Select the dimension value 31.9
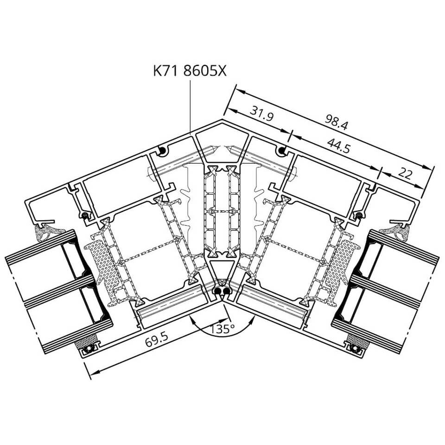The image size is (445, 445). pyautogui.click(x=261, y=113)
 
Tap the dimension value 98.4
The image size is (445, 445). pyautogui.click(x=336, y=122)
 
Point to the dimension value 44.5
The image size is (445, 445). pyautogui.click(x=338, y=145)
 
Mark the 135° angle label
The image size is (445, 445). pyautogui.click(x=222, y=329)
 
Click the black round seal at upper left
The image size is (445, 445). pyautogui.click(x=162, y=151)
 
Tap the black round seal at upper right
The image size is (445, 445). pyautogui.click(x=282, y=151)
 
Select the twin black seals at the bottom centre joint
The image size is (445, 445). pyautogui.click(x=222, y=291)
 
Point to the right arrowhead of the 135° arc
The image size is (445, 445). pyautogui.click(x=251, y=321)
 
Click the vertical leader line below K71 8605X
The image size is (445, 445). pyautogui.click(x=190, y=107)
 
